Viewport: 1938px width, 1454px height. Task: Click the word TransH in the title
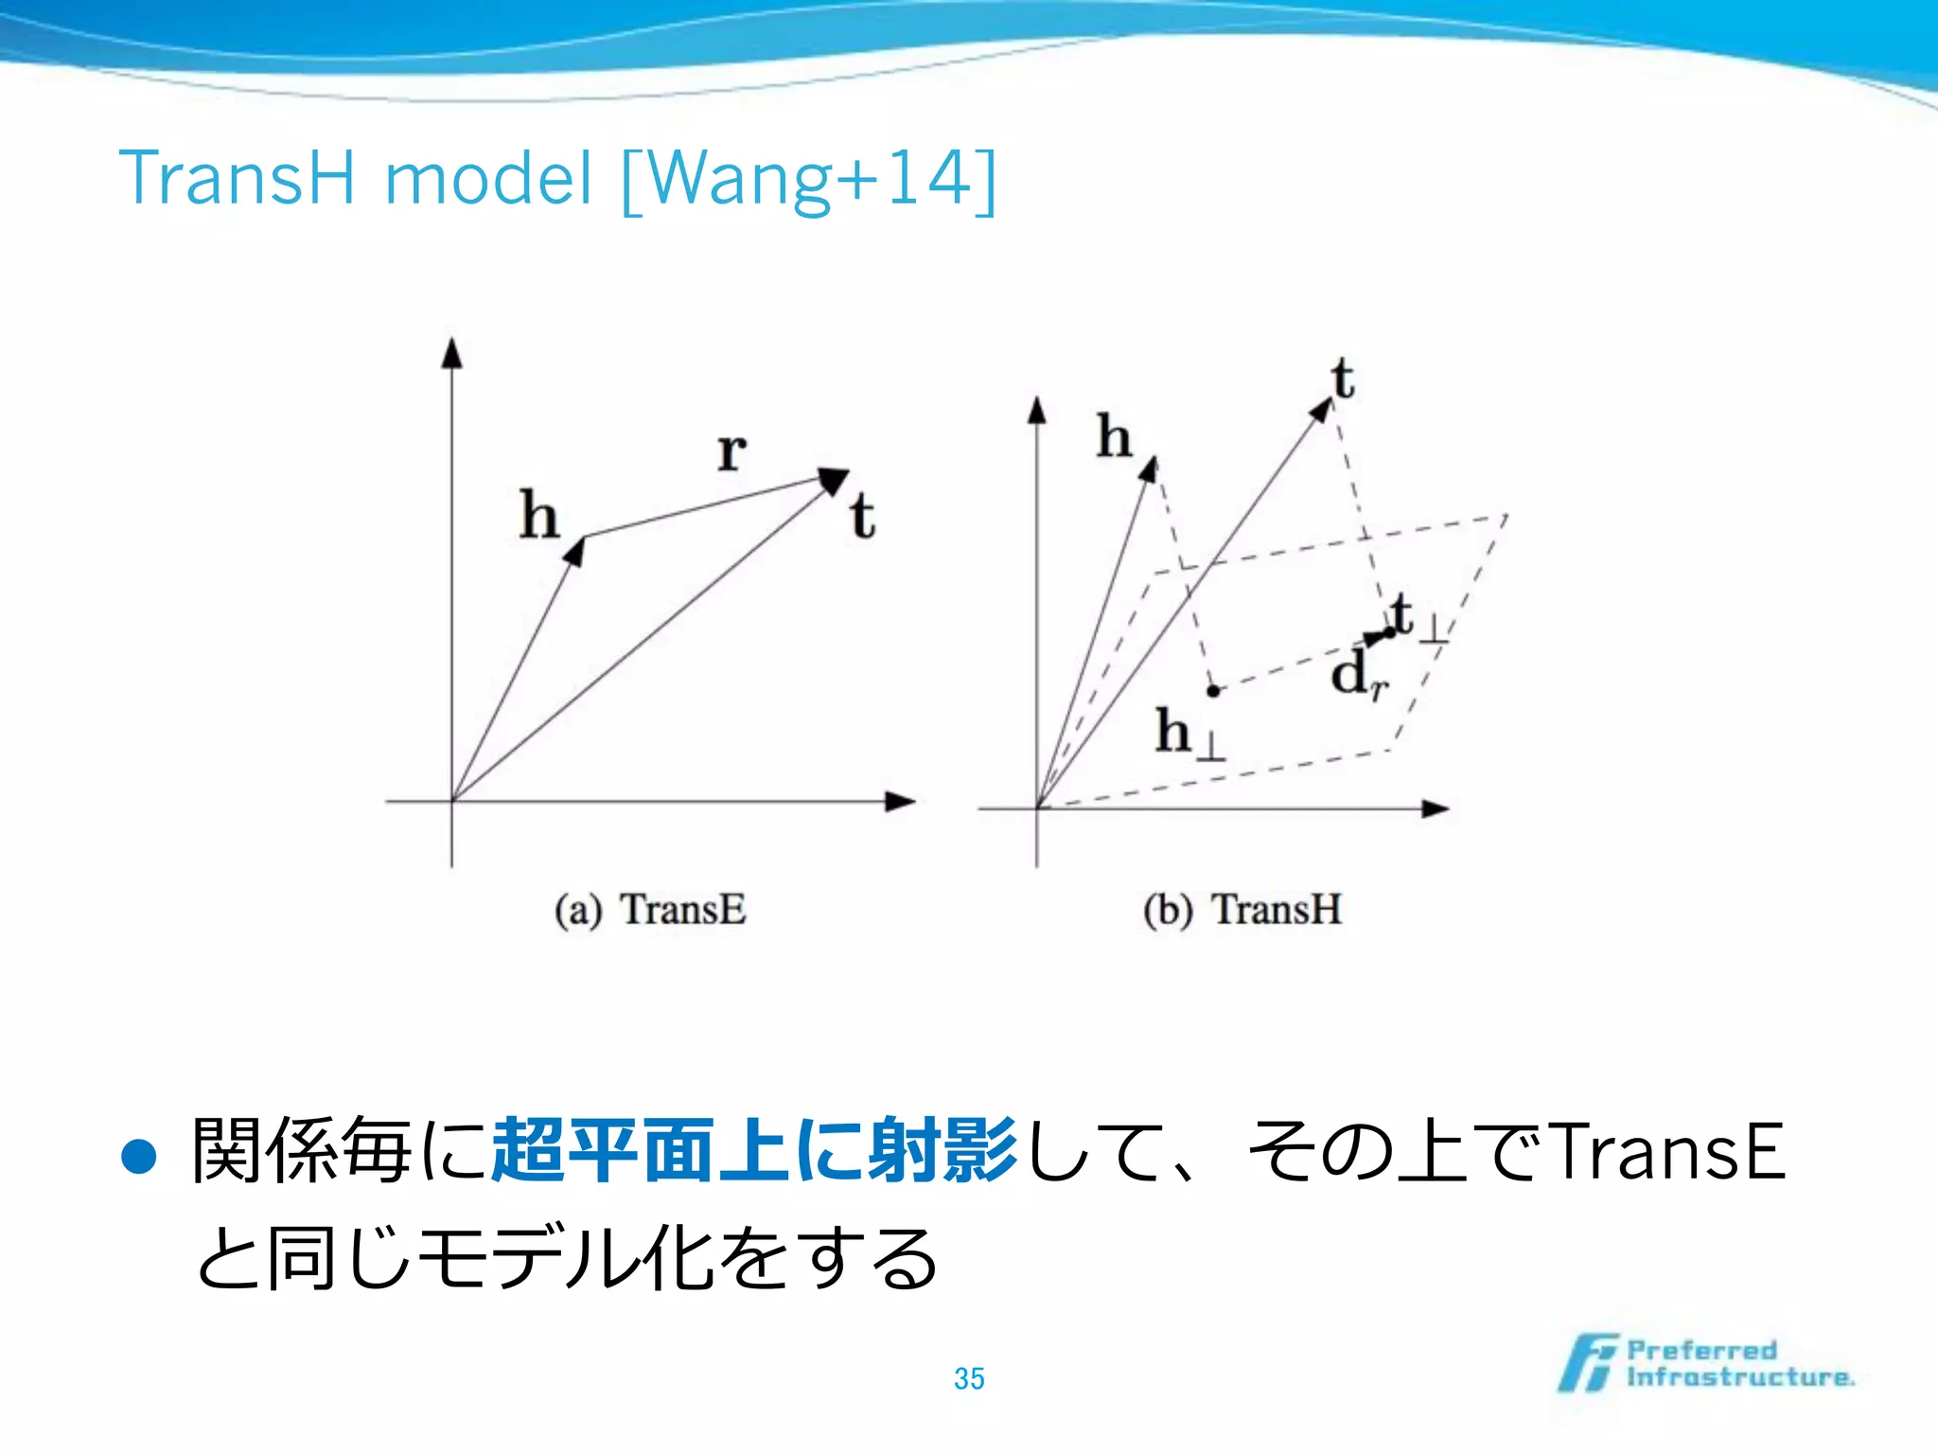237,177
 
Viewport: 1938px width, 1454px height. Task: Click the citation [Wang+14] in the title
809,179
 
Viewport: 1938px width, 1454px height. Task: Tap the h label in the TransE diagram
539,516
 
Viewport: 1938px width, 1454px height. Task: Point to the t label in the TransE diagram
862,517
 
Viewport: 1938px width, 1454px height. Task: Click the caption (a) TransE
650,910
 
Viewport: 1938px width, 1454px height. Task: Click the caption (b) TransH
1242,910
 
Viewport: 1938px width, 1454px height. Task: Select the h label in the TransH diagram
1114,436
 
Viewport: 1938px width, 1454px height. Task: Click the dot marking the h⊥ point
1213,691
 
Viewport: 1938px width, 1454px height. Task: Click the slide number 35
969,1378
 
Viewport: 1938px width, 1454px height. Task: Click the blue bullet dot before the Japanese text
139,1156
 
